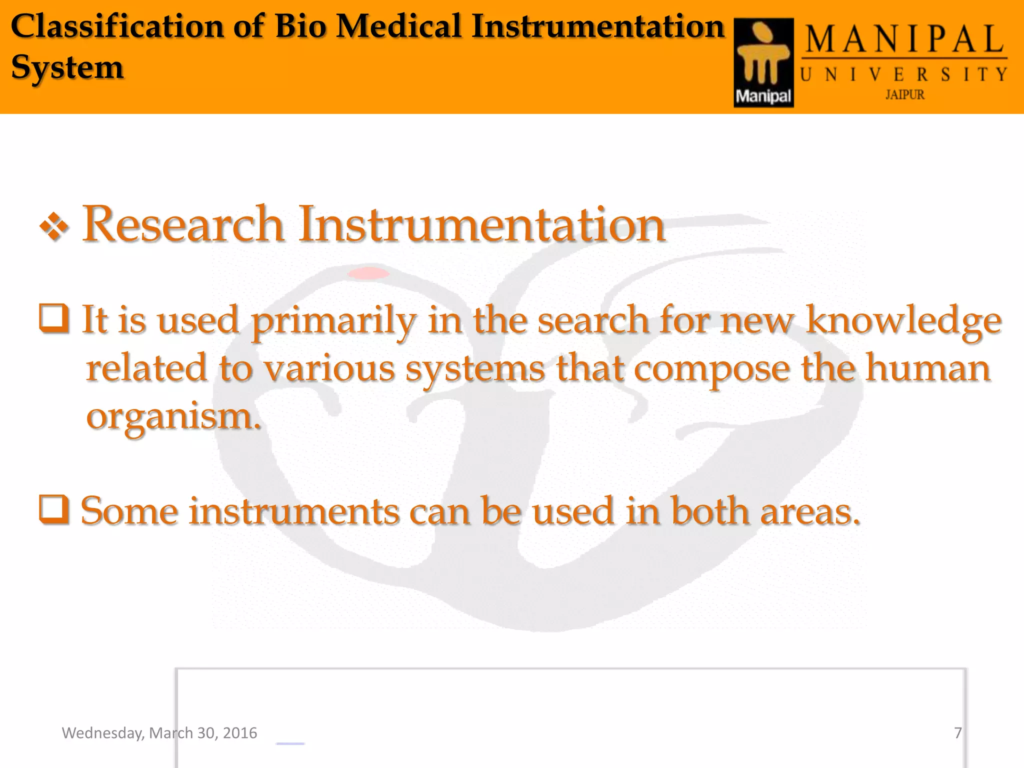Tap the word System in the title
67,67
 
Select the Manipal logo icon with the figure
763,62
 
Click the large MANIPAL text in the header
904,40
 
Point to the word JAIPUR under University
904,94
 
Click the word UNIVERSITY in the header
904,74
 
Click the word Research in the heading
183,224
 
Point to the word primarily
333,321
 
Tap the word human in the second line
927,368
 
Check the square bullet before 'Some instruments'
54,510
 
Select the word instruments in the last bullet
294,511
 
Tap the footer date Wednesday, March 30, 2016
159,733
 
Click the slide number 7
957,733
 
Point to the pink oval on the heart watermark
368,273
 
